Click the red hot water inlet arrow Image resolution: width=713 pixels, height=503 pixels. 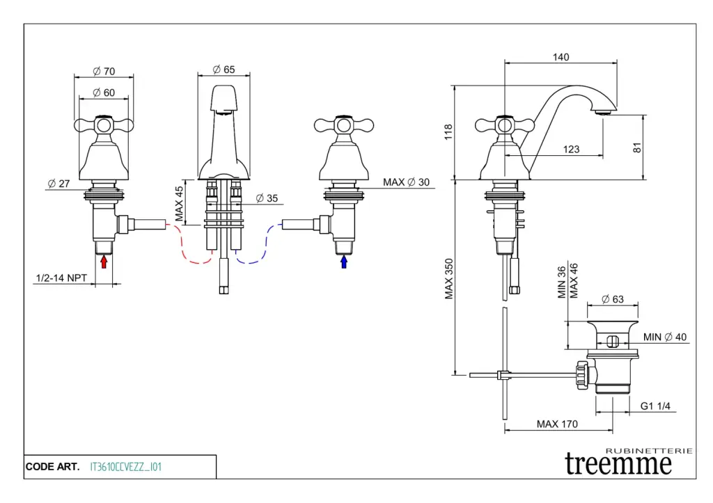[x=104, y=262]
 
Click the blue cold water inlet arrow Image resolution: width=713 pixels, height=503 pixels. [x=344, y=262]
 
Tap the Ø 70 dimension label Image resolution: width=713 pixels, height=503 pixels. [x=104, y=71]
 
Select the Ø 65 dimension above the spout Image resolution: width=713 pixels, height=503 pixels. [x=224, y=69]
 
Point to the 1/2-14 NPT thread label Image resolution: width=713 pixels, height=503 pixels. [x=61, y=278]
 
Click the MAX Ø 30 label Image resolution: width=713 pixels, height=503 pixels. [x=407, y=182]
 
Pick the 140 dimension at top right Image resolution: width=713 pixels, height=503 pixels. [x=561, y=57]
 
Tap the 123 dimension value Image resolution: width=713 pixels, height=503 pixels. [x=571, y=149]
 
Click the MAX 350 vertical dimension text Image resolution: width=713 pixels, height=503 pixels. [x=450, y=279]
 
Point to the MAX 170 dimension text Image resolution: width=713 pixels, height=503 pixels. [x=557, y=424]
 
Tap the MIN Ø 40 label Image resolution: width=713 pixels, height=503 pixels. [x=665, y=337]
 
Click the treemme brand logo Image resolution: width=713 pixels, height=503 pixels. [x=620, y=463]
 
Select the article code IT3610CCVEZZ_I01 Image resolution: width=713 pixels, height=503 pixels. [x=126, y=467]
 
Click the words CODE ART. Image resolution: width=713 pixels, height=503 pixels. [x=52, y=467]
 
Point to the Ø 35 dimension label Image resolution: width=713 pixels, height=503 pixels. [x=266, y=198]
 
